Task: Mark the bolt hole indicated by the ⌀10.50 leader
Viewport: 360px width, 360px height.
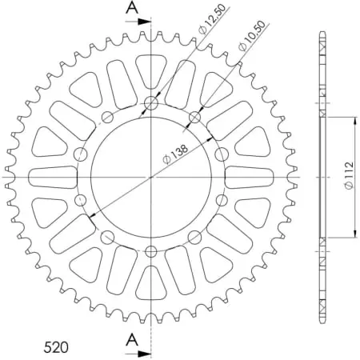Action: click(x=194, y=118)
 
